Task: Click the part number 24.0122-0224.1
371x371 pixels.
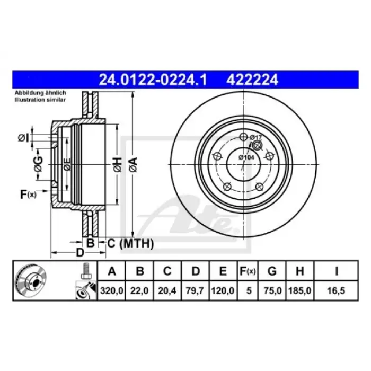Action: point(153,80)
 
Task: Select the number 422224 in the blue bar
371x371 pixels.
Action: point(252,80)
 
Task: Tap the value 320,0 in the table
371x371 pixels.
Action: point(111,290)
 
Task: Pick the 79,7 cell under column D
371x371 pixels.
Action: point(195,290)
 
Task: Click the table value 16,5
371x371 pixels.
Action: point(336,290)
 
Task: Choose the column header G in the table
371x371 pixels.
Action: point(272,271)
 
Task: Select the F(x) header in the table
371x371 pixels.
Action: point(248,271)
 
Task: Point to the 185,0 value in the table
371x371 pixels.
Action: point(299,290)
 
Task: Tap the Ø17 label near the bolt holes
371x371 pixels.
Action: point(255,137)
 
